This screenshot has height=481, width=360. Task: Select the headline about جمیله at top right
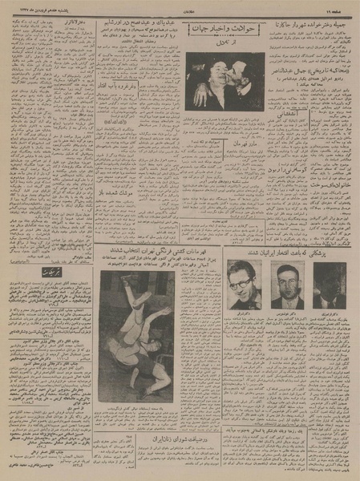pos(311,30)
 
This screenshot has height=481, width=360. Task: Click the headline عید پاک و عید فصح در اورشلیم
pos(139,28)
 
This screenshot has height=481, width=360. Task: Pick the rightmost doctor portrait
pos(330,281)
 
